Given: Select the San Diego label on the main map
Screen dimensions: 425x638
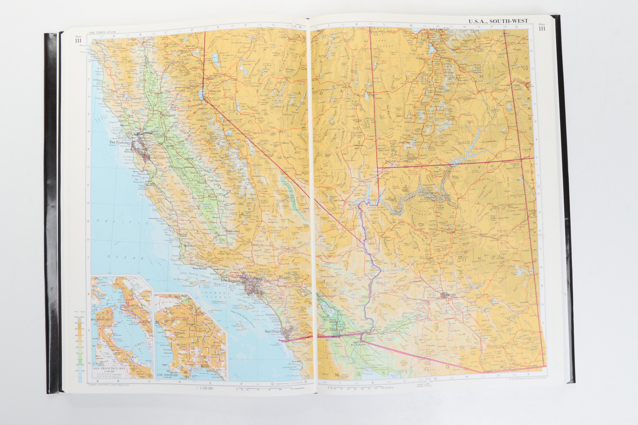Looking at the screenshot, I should (273, 331).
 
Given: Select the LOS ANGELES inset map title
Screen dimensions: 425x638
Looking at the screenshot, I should (167, 375).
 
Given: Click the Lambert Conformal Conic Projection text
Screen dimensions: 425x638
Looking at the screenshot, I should (109, 385).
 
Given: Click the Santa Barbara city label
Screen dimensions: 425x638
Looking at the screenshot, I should (200, 269).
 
